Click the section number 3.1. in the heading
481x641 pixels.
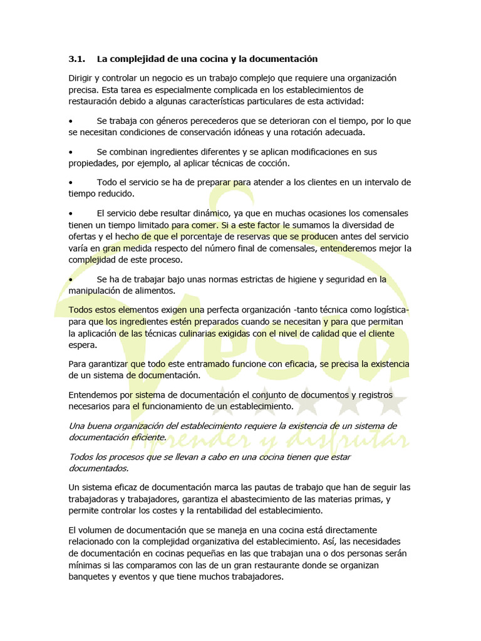click(76, 59)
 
